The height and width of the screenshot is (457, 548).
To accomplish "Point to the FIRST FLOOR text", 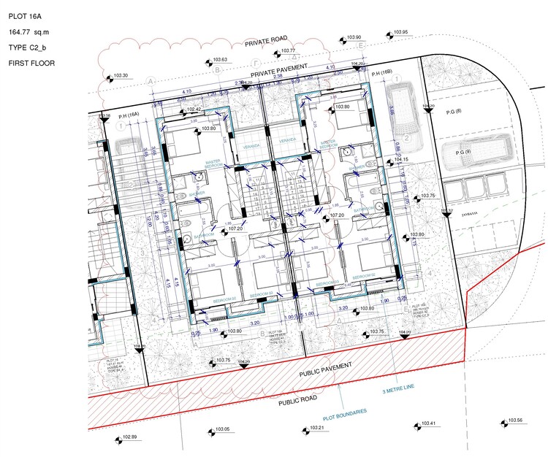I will click(31, 64).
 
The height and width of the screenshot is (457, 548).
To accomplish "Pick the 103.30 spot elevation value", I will click(121, 76).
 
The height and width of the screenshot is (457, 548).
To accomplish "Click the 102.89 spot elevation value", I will click(129, 437).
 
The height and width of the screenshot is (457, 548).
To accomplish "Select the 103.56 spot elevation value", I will click(515, 420).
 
